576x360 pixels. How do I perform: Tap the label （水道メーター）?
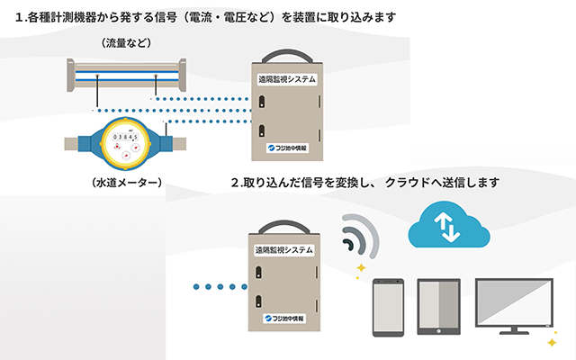pos(127,183)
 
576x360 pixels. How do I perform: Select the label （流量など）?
pos(127,42)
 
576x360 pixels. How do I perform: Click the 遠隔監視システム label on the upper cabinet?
pos(287,79)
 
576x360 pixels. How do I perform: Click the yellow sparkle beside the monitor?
pos(551,343)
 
